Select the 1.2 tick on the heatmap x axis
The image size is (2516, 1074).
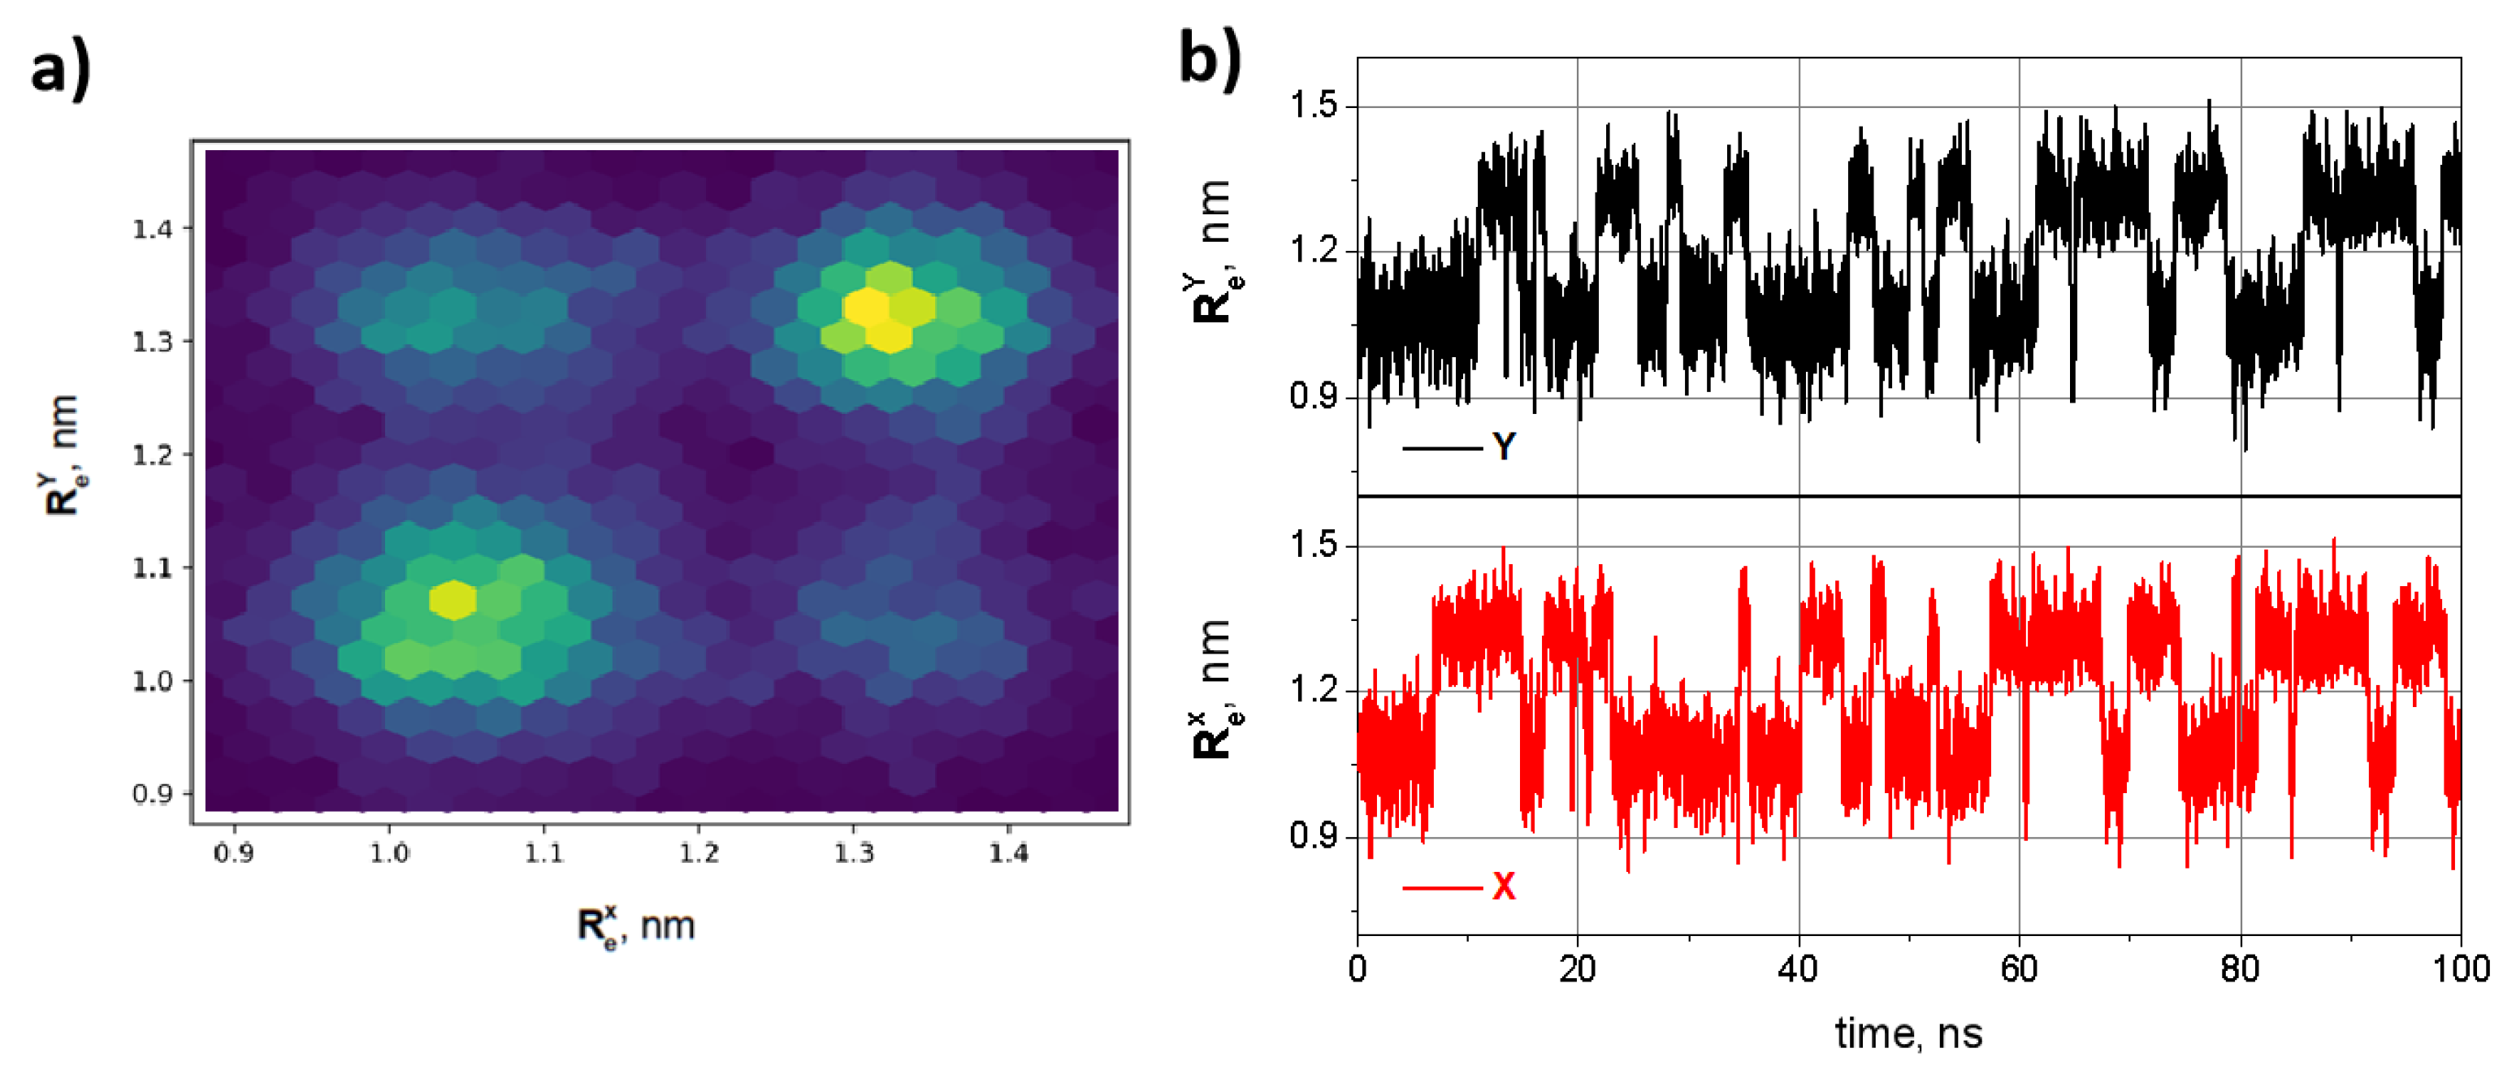point(699,853)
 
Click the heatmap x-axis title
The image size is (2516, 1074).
point(636,925)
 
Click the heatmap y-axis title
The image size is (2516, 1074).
point(62,455)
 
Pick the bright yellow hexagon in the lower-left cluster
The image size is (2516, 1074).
point(453,599)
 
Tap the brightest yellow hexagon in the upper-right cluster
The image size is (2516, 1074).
point(865,308)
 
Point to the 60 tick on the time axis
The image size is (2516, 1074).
point(2019,968)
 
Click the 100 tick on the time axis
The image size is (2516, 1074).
point(2459,968)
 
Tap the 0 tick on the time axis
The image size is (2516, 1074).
point(1358,968)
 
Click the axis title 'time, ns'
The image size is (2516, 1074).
point(1908,1033)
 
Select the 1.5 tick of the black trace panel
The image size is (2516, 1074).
point(1314,106)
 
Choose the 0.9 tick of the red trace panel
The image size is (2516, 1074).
point(1314,837)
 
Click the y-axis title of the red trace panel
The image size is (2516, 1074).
point(1214,688)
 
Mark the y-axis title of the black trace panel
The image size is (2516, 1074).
point(1214,251)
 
